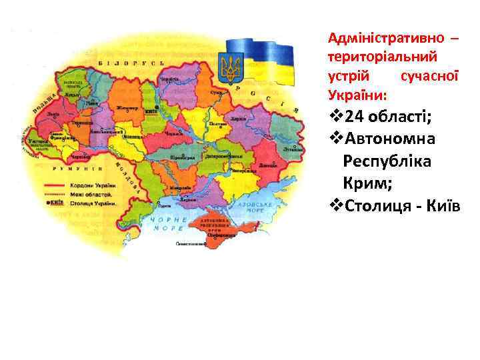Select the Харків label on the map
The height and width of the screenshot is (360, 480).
click(x=239, y=119)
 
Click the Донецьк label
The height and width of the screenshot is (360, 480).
click(x=267, y=163)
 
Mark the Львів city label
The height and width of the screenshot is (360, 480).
click(x=53, y=113)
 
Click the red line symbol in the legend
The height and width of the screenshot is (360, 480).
click(x=57, y=185)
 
